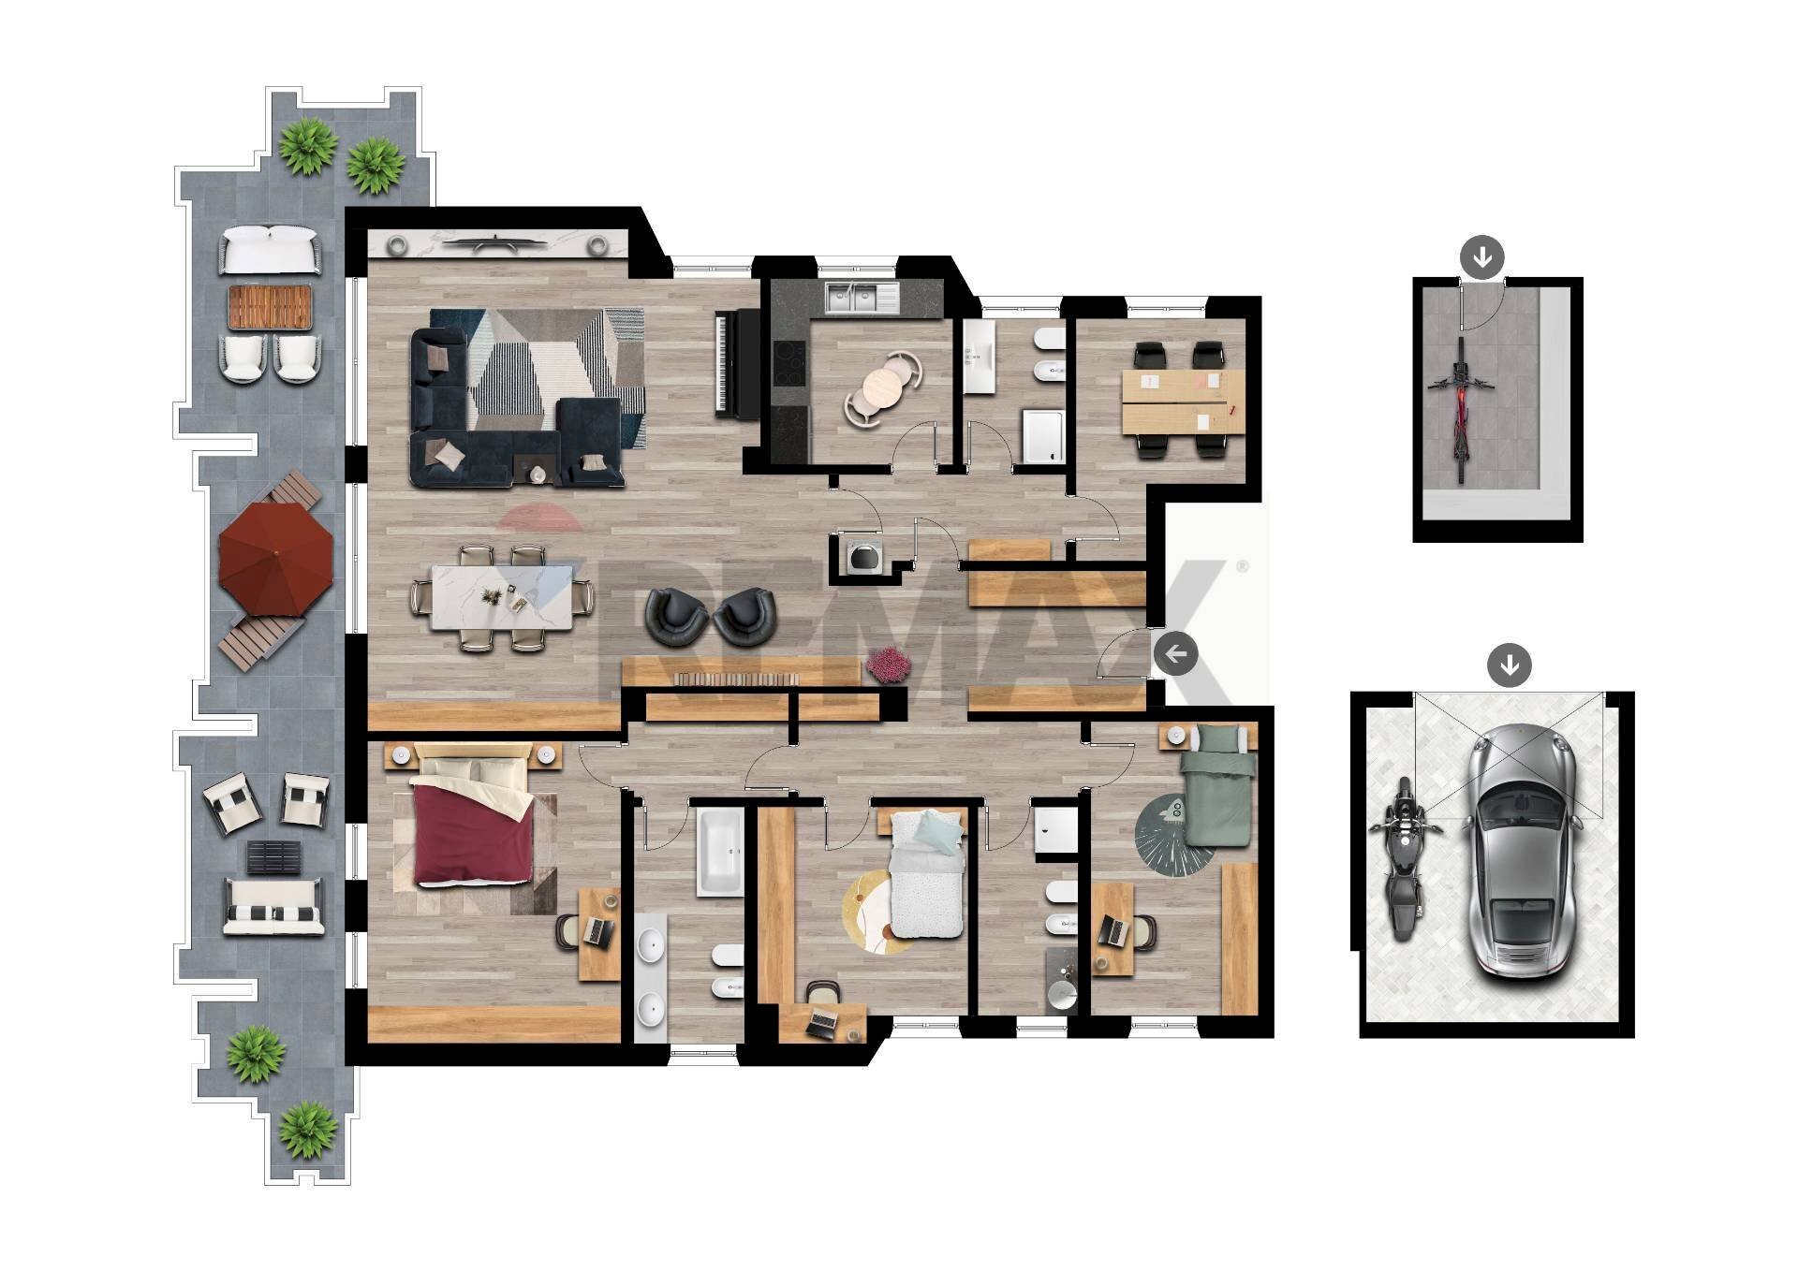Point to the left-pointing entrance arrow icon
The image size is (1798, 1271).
click(x=1175, y=653)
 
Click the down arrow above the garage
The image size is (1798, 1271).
click(x=1509, y=666)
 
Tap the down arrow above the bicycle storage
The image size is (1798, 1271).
click(x=1481, y=256)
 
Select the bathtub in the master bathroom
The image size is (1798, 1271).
click(x=719, y=852)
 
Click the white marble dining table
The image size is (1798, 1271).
click(x=503, y=597)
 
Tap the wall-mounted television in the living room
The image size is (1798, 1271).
click(x=495, y=245)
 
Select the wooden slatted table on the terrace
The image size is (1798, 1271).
click(x=270, y=308)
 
